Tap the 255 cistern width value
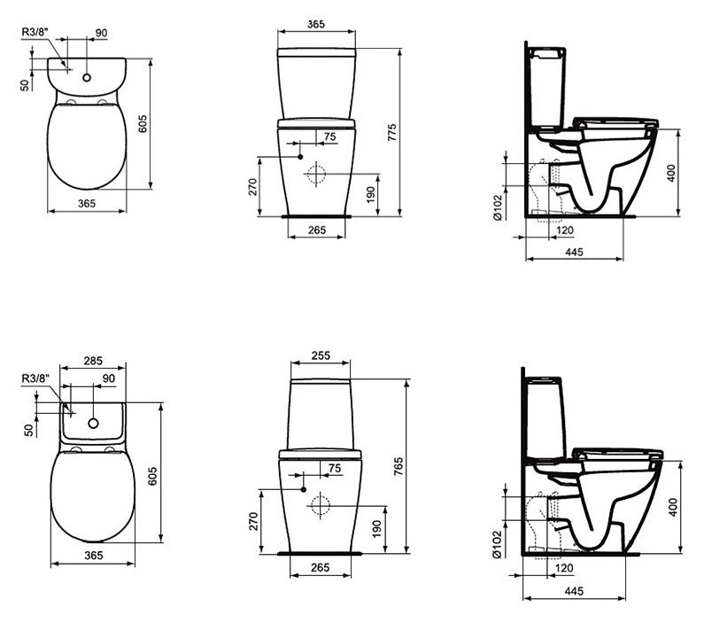[321, 355]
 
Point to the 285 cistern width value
[93, 361]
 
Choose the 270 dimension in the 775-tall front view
[251, 186]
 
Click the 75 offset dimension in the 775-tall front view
[330, 136]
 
